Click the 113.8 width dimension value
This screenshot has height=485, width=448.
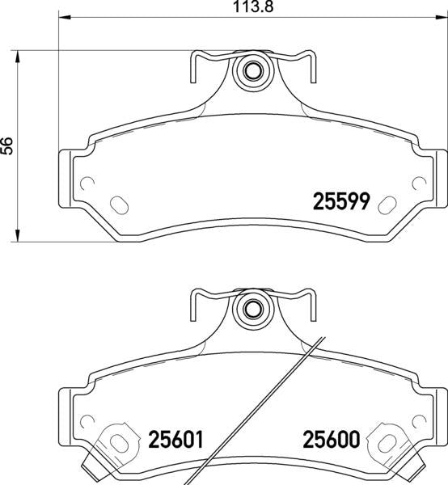(x=253, y=6)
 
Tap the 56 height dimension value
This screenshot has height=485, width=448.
(x=6, y=145)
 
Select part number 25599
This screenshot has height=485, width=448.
(x=341, y=201)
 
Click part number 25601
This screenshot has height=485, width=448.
(x=175, y=440)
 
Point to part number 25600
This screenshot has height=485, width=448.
(x=332, y=439)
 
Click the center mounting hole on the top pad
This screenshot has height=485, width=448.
(x=253, y=71)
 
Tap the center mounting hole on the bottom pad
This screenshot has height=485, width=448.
(x=252, y=309)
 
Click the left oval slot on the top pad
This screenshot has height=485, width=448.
(x=120, y=205)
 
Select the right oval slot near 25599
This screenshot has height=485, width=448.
(x=387, y=205)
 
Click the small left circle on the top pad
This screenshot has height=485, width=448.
(x=87, y=183)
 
